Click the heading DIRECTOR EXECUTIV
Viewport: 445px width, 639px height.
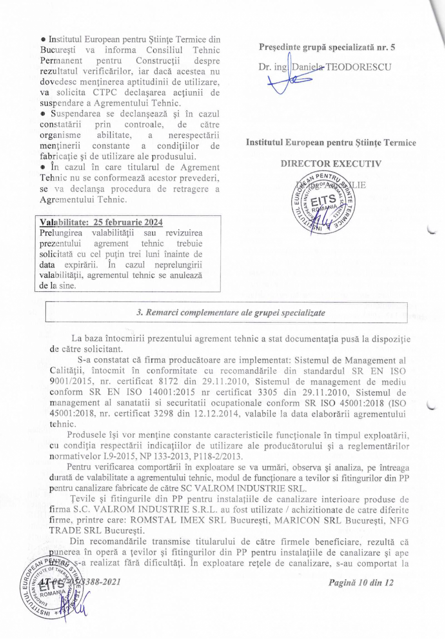pyautogui.click(x=330, y=163)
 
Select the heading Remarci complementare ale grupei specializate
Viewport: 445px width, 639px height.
pyautogui.click(x=231, y=312)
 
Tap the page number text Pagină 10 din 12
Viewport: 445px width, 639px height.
pyautogui.click(x=360, y=582)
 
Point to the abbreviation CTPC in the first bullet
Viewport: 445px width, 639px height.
pyautogui.click(x=111, y=92)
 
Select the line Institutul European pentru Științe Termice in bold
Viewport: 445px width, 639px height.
pyautogui.click(x=331, y=143)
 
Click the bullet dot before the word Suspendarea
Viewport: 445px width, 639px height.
pyautogui.click(x=43, y=114)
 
